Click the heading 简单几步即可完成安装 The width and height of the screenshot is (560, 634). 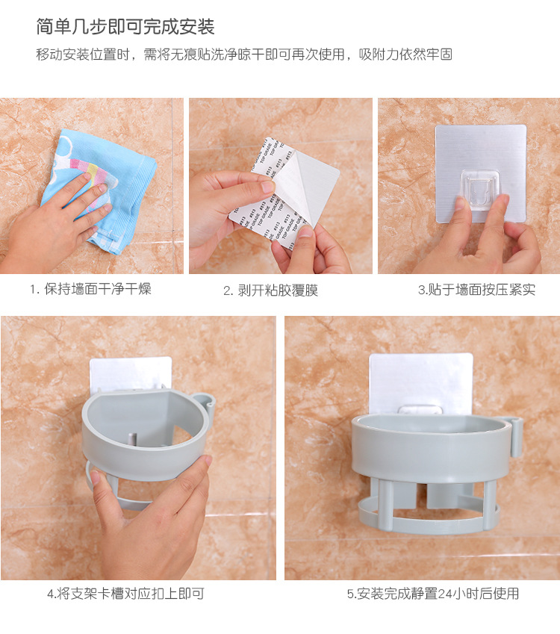click(125, 27)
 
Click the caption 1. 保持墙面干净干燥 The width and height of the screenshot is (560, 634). click(90, 289)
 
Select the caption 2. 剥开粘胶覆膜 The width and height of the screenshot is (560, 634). click(271, 290)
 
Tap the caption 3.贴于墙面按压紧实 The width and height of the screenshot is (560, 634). click(476, 290)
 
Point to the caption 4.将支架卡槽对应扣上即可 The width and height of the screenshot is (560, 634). click(125, 594)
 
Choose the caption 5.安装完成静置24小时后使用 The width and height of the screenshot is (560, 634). click(433, 594)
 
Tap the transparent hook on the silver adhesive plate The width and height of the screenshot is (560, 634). click(480, 190)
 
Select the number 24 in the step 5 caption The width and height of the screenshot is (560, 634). click(446, 594)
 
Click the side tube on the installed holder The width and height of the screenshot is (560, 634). click(514, 438)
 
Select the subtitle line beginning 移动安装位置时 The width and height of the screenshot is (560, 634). click(244, 55)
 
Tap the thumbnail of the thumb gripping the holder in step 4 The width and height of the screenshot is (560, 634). click(95, 477)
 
